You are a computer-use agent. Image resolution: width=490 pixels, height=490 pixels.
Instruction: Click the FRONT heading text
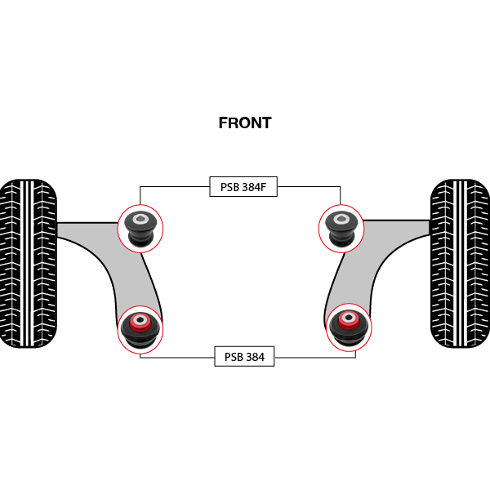tap(244, 123)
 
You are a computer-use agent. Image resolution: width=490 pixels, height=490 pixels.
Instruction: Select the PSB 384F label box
tap(243, 187)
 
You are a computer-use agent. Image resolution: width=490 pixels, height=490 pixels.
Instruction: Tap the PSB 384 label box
tap(243, 357)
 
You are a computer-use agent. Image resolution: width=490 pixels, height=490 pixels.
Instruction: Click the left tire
tap(28, 263)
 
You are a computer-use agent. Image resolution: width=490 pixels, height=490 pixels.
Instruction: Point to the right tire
tap(461, 263)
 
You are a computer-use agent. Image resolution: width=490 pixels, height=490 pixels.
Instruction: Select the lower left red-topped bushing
tap(140, 328)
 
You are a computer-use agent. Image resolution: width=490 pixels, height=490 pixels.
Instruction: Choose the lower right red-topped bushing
tap(349, 327)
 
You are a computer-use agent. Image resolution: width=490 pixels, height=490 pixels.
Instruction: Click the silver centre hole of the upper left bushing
tap(140, 219)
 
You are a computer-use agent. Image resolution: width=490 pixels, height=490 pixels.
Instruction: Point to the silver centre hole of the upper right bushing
tap(341, 218)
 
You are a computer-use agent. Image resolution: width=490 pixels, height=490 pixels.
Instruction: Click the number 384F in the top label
tap(254, 187)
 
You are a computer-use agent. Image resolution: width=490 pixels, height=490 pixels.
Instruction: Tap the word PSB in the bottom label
tap(233, 357)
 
